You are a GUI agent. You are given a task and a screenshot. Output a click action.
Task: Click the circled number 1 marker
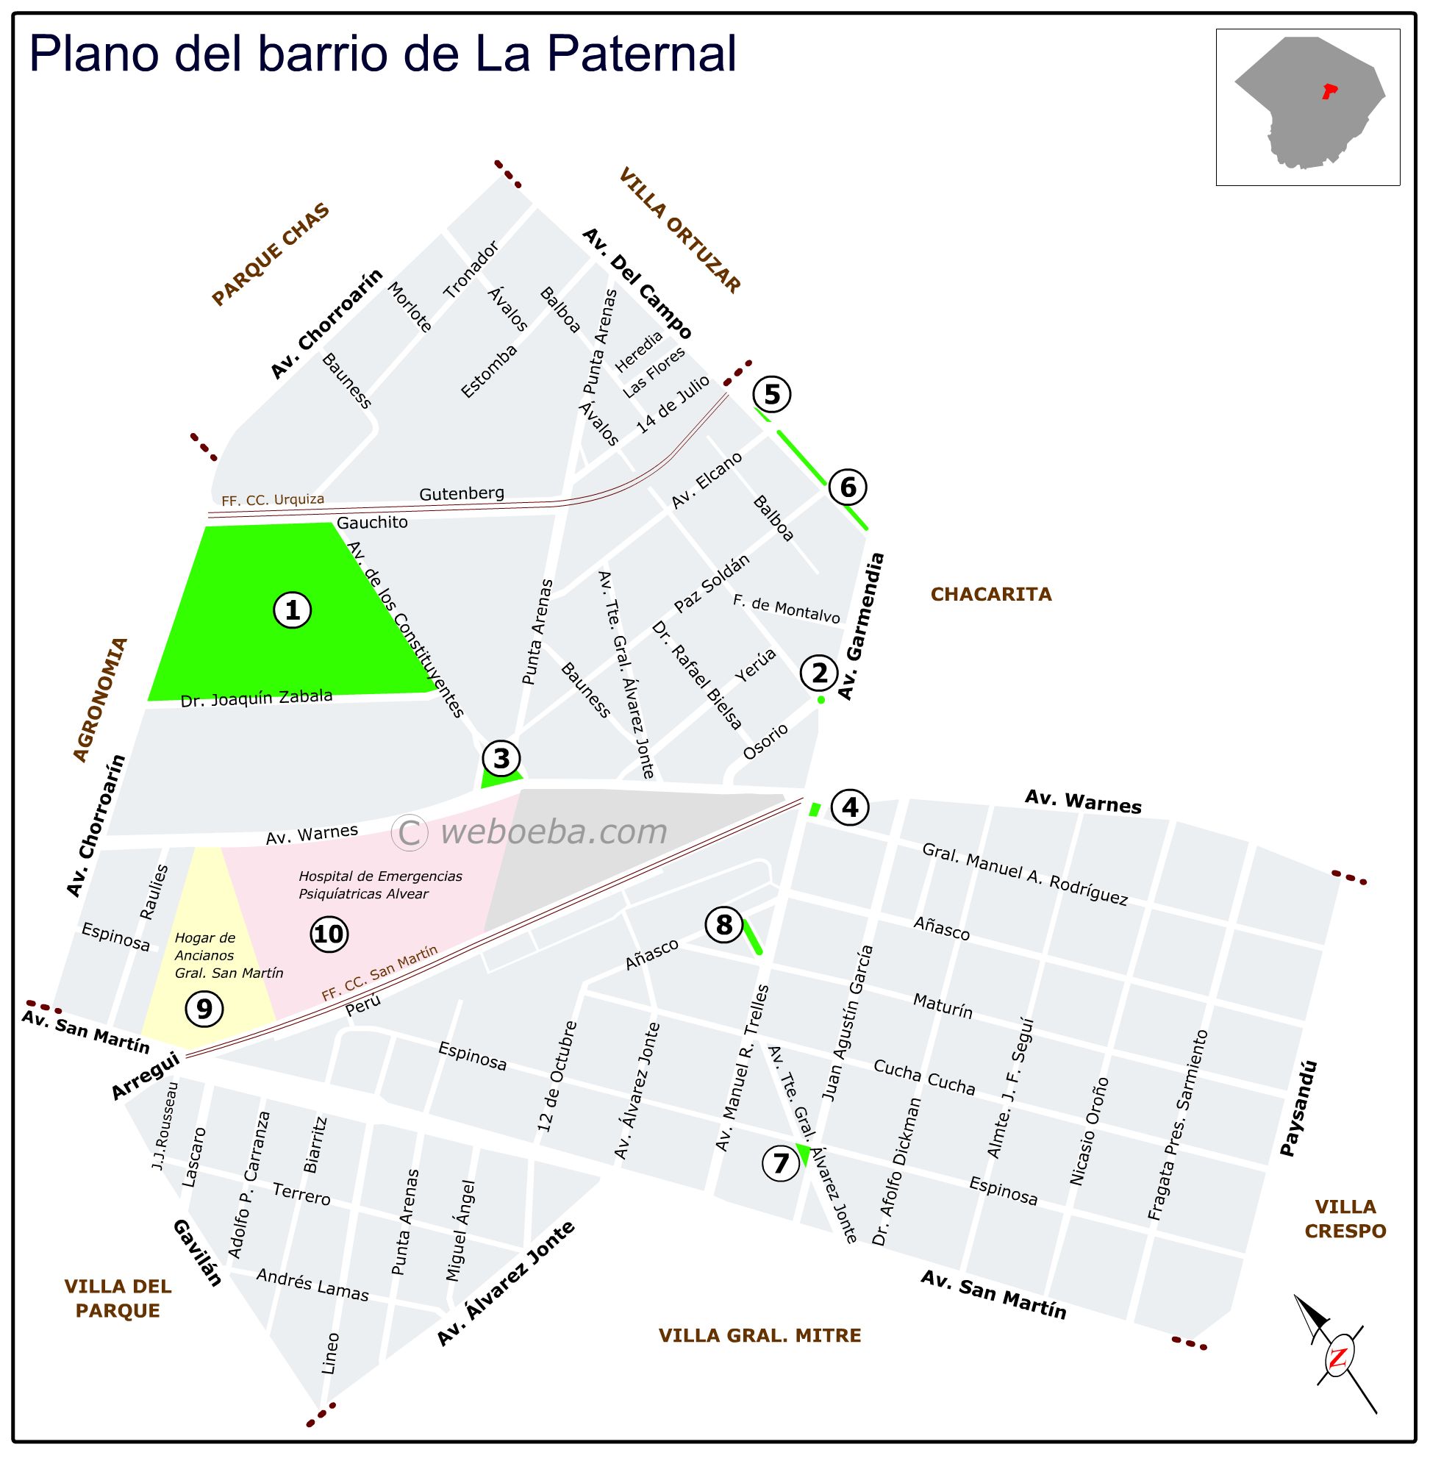(x=292, y=610)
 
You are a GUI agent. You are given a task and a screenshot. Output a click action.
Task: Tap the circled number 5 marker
(x=772, y=394)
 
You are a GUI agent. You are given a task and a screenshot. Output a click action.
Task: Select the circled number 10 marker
(x=328, y=934)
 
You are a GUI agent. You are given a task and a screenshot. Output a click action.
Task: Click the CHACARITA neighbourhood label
(x=990, y=594)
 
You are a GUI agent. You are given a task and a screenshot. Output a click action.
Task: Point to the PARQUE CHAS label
(x=271, y=254)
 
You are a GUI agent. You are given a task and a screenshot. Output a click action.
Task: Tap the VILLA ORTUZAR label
(x=679, y=230)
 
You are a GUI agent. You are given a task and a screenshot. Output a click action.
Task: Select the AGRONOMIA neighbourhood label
(x=101, y=699)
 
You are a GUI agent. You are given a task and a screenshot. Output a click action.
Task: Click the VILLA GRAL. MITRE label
(x=759, y=1334)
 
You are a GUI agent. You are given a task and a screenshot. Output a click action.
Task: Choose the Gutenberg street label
(x=461, y=493)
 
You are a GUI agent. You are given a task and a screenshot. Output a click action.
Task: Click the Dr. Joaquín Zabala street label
(x=256, y=698)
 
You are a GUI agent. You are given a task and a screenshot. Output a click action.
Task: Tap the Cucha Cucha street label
(x=923, y=1077)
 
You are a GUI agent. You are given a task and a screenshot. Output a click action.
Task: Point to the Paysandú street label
(x=1298, y=1108)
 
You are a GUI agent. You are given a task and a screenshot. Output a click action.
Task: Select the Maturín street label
(x=943, y=1005)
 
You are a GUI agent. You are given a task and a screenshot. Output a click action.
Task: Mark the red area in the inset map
(x=1329, y=92)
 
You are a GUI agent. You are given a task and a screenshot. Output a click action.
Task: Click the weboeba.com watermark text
(x=554, y=832)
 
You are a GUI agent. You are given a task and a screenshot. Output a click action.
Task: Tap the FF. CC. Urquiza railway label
(x=273, y=499)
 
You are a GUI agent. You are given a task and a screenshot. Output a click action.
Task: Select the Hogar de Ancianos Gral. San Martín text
(x=229, y=956)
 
